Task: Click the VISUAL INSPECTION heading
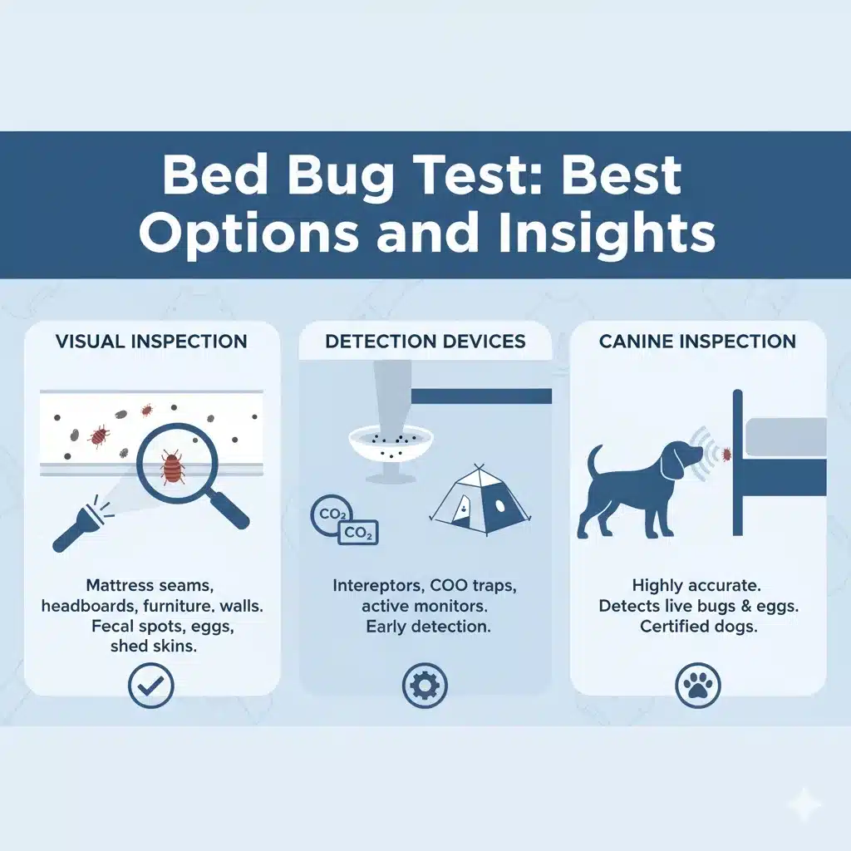(151, 342)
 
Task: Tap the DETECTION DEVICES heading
(425, 342)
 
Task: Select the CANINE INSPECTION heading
(697, 342)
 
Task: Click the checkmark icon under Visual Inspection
(151, 686)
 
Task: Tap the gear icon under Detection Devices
(425, 686)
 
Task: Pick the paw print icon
(698, 686)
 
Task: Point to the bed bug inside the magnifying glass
(173, 467)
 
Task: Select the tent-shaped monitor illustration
(480, 501)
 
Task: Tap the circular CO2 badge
(330, 514)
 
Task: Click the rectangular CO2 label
(358, 533)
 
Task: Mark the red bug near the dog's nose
(726, 454)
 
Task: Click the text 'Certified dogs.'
(698, 627)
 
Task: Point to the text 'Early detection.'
(428, 627)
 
